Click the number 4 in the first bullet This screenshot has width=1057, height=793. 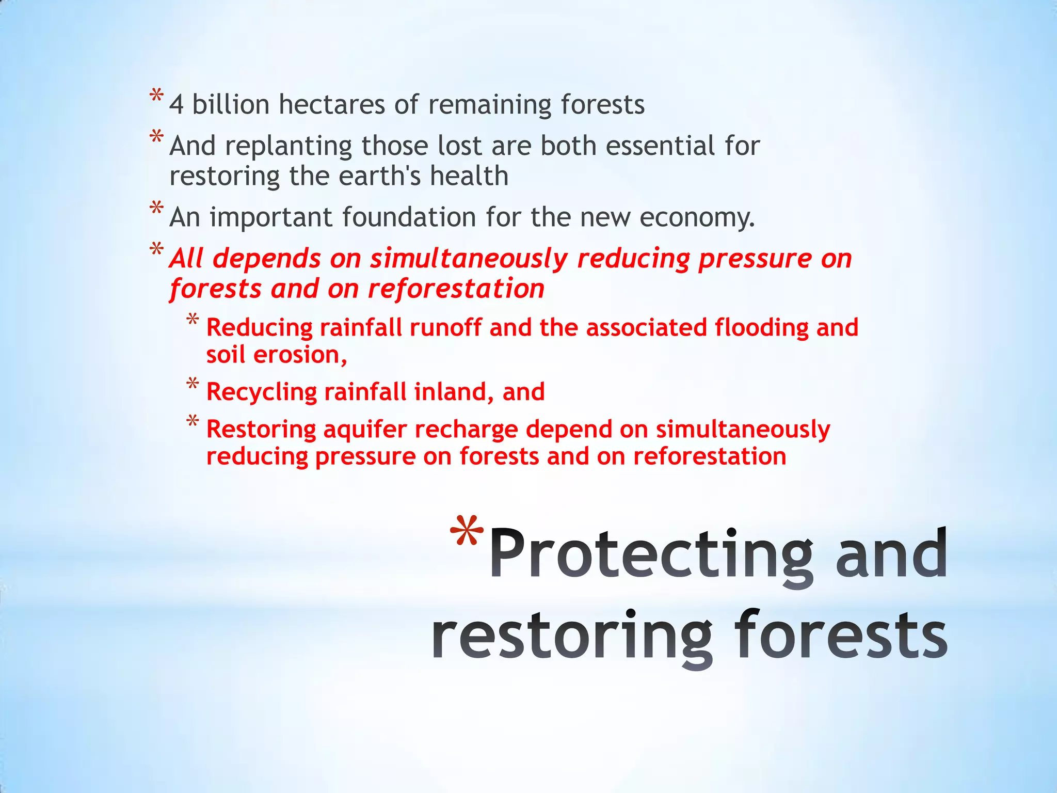177,105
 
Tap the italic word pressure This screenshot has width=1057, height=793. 755,259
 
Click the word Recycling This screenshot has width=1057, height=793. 261,392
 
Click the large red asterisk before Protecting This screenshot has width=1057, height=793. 467,535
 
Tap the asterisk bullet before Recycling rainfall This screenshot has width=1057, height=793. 193,384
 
